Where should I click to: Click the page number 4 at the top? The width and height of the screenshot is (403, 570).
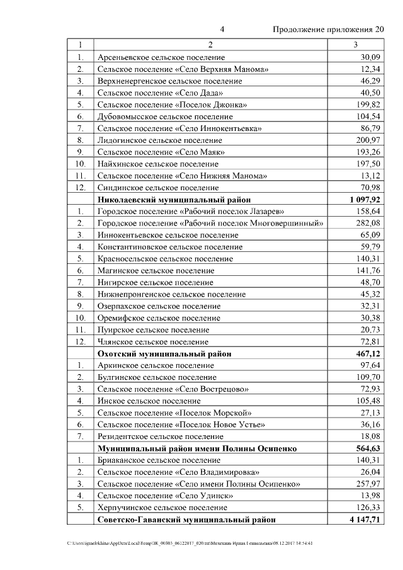(x=222, y=30)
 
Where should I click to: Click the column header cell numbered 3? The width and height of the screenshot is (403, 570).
(x=356, y=45)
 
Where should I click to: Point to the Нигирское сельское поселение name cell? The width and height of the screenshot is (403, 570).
(x=156, y=282)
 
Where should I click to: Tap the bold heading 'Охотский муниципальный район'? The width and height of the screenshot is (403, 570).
(x=164, y=353)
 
